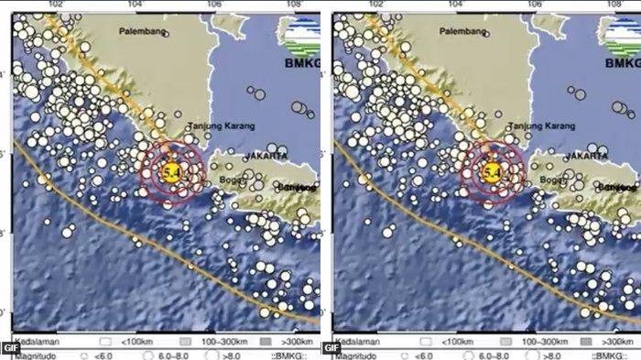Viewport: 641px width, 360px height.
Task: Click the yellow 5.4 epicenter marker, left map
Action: tap(168, 171)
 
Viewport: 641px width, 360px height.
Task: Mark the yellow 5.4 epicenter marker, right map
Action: tap(490, 171)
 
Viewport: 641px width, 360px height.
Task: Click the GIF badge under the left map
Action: tap(10, 347)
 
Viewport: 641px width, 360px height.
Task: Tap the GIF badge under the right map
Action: tap(331, 347)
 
